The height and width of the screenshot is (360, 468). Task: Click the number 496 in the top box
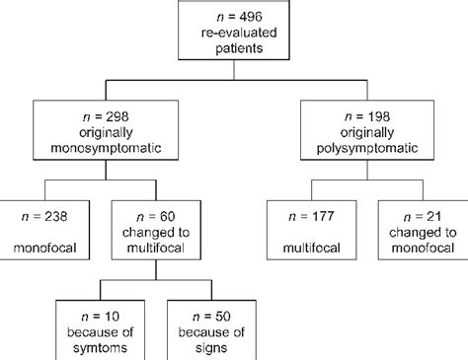250,15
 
